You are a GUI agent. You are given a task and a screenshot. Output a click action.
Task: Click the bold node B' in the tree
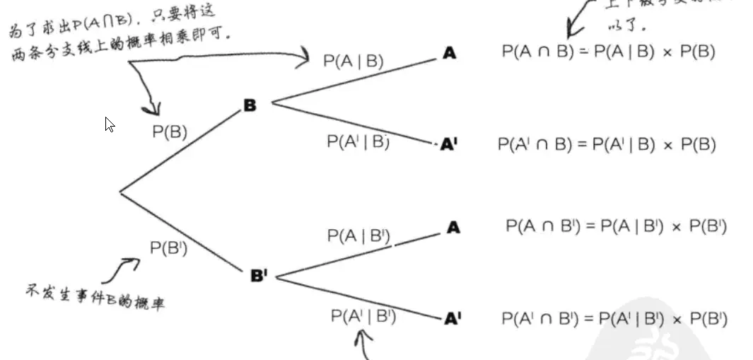point(259,276)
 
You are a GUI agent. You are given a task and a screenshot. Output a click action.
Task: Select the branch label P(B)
point(170,132)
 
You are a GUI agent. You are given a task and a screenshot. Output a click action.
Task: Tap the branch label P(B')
point(168,248)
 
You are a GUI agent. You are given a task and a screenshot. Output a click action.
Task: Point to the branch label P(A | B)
point(354,61)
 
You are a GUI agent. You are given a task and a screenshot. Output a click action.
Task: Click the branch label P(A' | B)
point(358,141)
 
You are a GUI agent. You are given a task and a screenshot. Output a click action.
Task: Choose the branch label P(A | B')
point(359,236)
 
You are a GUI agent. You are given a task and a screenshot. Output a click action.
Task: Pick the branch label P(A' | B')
point(363,315)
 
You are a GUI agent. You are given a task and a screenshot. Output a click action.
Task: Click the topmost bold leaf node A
point(449,52)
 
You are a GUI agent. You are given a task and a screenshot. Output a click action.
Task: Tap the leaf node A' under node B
point(450,145)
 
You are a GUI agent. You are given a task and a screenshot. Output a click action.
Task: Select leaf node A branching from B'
point(453,228)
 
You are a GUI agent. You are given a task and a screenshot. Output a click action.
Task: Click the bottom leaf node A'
point(453,319)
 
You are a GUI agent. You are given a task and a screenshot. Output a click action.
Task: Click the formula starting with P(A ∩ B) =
point(609,52)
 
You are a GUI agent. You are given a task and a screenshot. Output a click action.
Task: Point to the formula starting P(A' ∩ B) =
point(607,144)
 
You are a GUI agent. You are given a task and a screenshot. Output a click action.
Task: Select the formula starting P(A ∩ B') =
point(616,226)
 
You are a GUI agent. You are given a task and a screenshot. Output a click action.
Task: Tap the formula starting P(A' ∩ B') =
point(614,318)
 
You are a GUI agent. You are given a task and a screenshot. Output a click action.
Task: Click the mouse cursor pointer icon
point(110,124)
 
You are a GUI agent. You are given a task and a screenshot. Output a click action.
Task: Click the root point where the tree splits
point(120,191)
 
